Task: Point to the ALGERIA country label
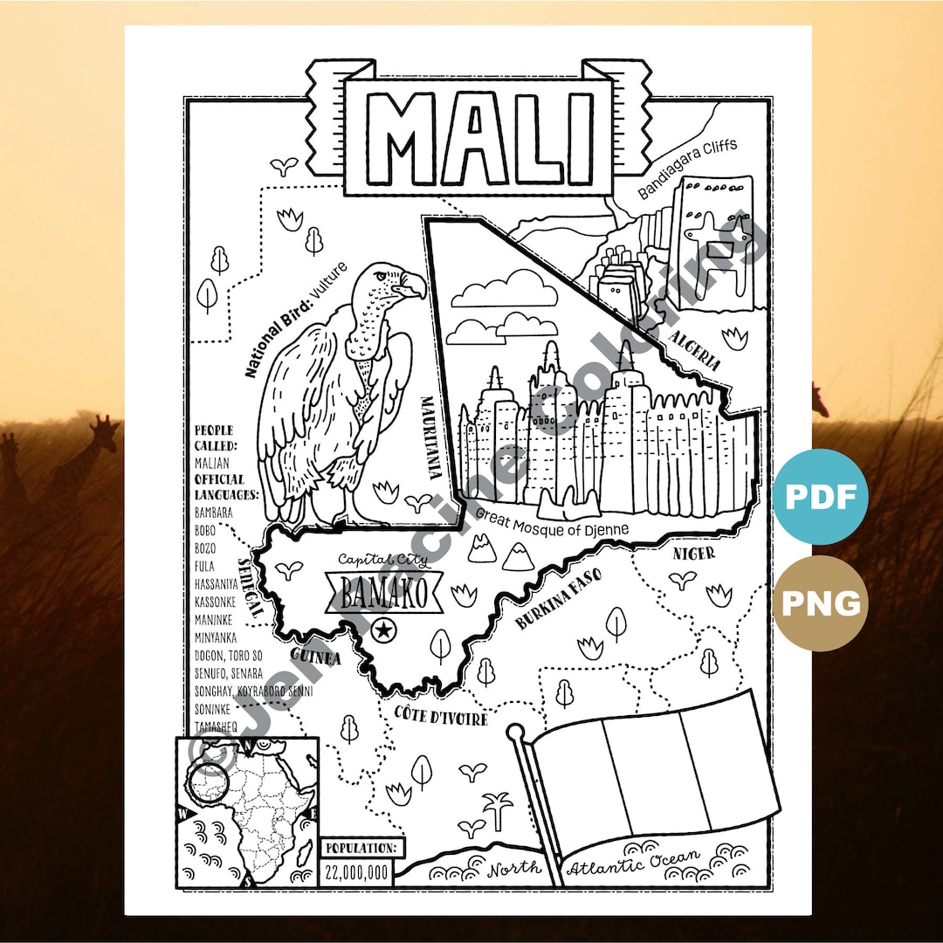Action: [695, 350]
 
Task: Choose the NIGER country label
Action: [694, 553]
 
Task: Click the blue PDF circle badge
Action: [820, 497]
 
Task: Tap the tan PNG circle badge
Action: [820, 603]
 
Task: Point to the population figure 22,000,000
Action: [356, 871]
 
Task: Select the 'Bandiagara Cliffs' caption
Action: [687, 168]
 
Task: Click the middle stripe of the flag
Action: [645, 773]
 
